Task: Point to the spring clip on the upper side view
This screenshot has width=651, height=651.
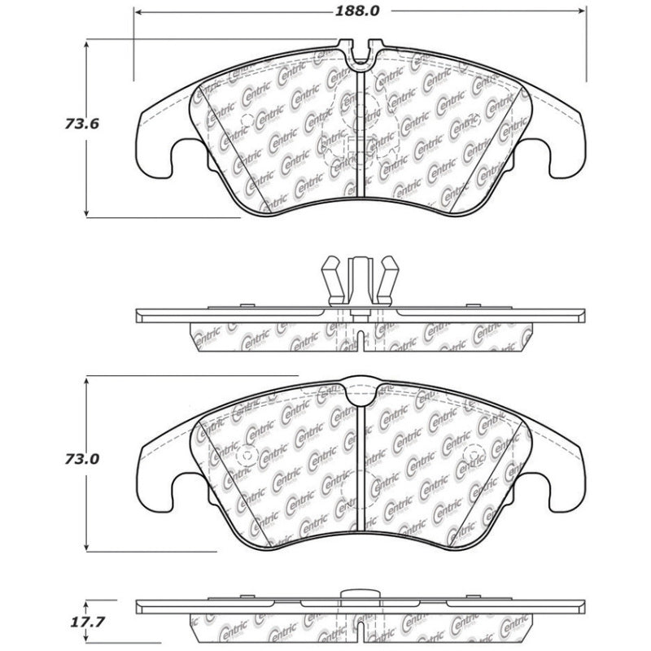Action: (x=359, y=281)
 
